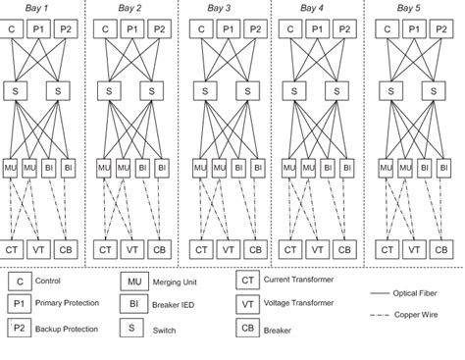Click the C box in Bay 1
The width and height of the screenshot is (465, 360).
(13, 30)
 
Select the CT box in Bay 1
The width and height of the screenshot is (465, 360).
(14, 249)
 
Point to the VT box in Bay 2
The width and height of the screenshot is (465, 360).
(129, 249)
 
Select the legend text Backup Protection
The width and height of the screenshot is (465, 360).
(69, 329)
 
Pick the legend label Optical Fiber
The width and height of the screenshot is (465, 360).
(420, 293)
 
